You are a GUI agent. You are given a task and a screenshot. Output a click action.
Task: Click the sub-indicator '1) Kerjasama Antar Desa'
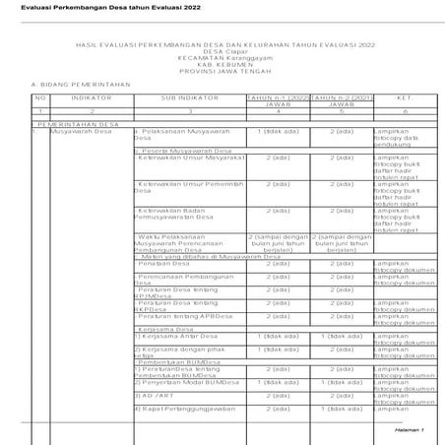click(x=171, y=336)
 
